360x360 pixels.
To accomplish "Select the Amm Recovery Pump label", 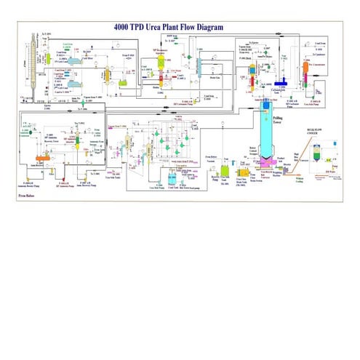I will click(89, 183).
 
